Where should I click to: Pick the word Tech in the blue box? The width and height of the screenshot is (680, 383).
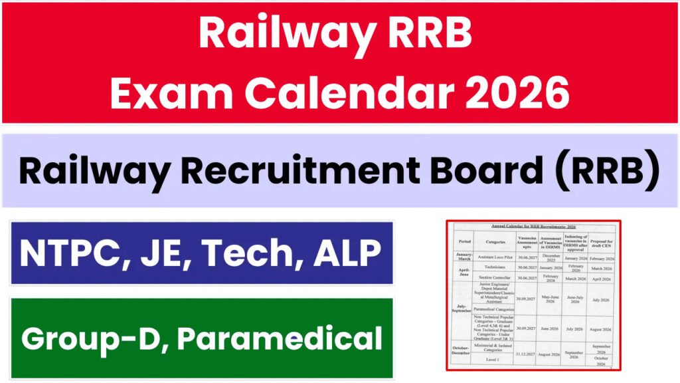pyautogui.click(x=252, y=253)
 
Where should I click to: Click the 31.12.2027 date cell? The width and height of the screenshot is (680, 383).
pyautogui.click(x=525, y=354)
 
